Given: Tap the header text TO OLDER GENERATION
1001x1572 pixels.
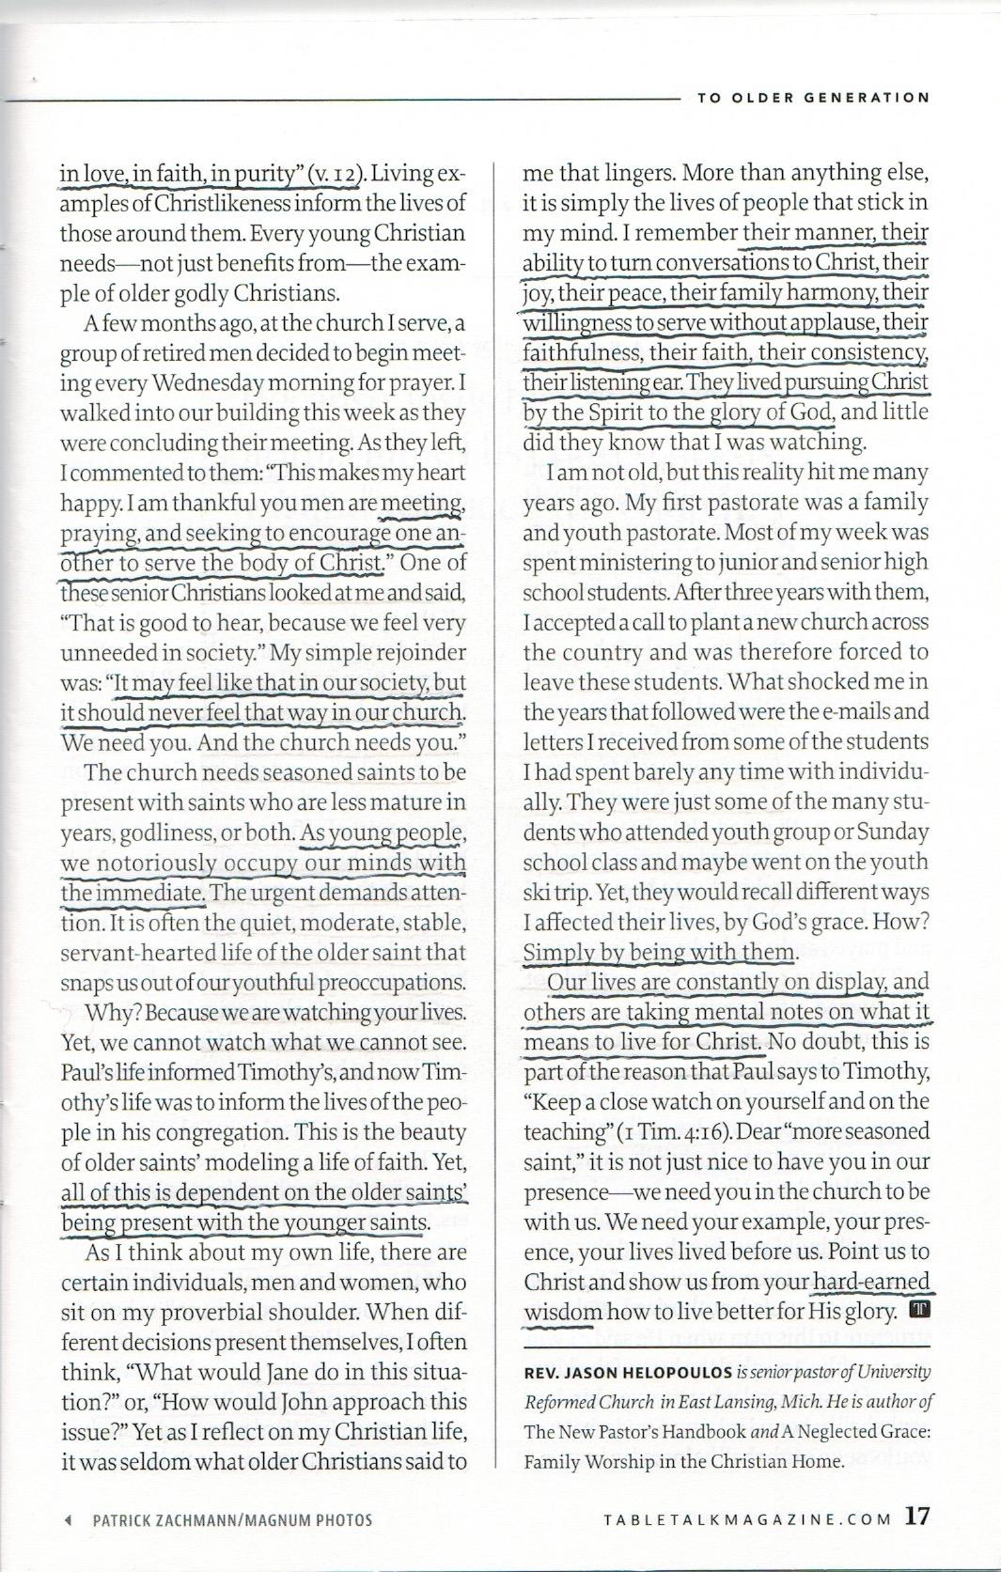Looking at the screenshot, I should pos(813,97).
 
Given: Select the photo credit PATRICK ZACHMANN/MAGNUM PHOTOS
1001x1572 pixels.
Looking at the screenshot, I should pos(232,1519).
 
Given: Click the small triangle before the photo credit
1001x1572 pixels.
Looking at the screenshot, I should pos(68,1519).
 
